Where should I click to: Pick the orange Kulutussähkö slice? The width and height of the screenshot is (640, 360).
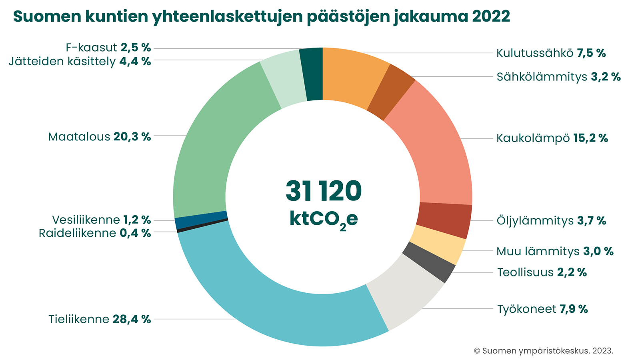pos(352,76)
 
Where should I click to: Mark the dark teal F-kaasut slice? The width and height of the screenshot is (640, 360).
pos(312,74)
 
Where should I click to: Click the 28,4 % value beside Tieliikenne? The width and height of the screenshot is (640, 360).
pos(132,319)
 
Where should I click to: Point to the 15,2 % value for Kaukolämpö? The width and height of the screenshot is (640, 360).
pos(590,138)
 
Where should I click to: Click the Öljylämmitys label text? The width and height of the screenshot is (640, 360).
pos(535,221)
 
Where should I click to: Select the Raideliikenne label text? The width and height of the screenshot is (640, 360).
pos(78,233)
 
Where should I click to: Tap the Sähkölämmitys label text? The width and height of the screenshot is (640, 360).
pos(542,77)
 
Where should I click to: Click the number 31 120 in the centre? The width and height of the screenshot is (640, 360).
pos(323,191)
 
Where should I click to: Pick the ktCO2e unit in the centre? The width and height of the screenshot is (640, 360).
pos(323,220)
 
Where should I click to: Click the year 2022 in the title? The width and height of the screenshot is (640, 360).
pos(491,16)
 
